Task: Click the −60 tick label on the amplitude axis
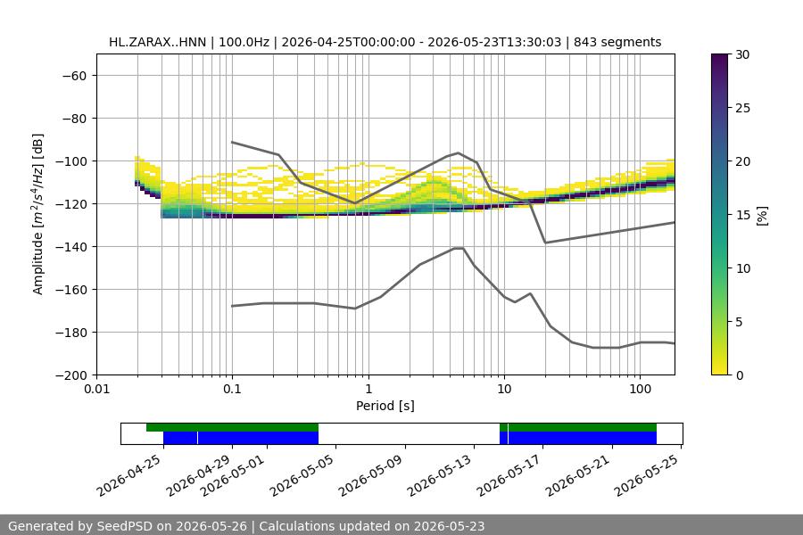coord(74,76)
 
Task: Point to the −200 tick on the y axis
coord(74,375)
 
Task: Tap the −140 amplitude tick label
coord(74,247)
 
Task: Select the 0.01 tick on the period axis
coord(96,389)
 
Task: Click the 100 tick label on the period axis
coord(640,389)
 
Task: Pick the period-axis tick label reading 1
coord(368,389)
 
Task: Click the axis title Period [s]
coord(385,406)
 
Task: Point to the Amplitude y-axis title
coord(37,214)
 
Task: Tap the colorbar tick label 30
coord(742,54)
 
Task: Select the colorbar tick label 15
coord(742,215)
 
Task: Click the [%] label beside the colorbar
coord(763,216)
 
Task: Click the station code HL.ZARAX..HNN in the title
coord(157,42)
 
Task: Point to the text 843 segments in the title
coord(617,42)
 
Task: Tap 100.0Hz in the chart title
coord(244,42)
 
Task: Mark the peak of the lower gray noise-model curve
coord(459,248)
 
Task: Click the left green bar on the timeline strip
coord(232,427)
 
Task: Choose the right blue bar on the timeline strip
coord(578,438)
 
